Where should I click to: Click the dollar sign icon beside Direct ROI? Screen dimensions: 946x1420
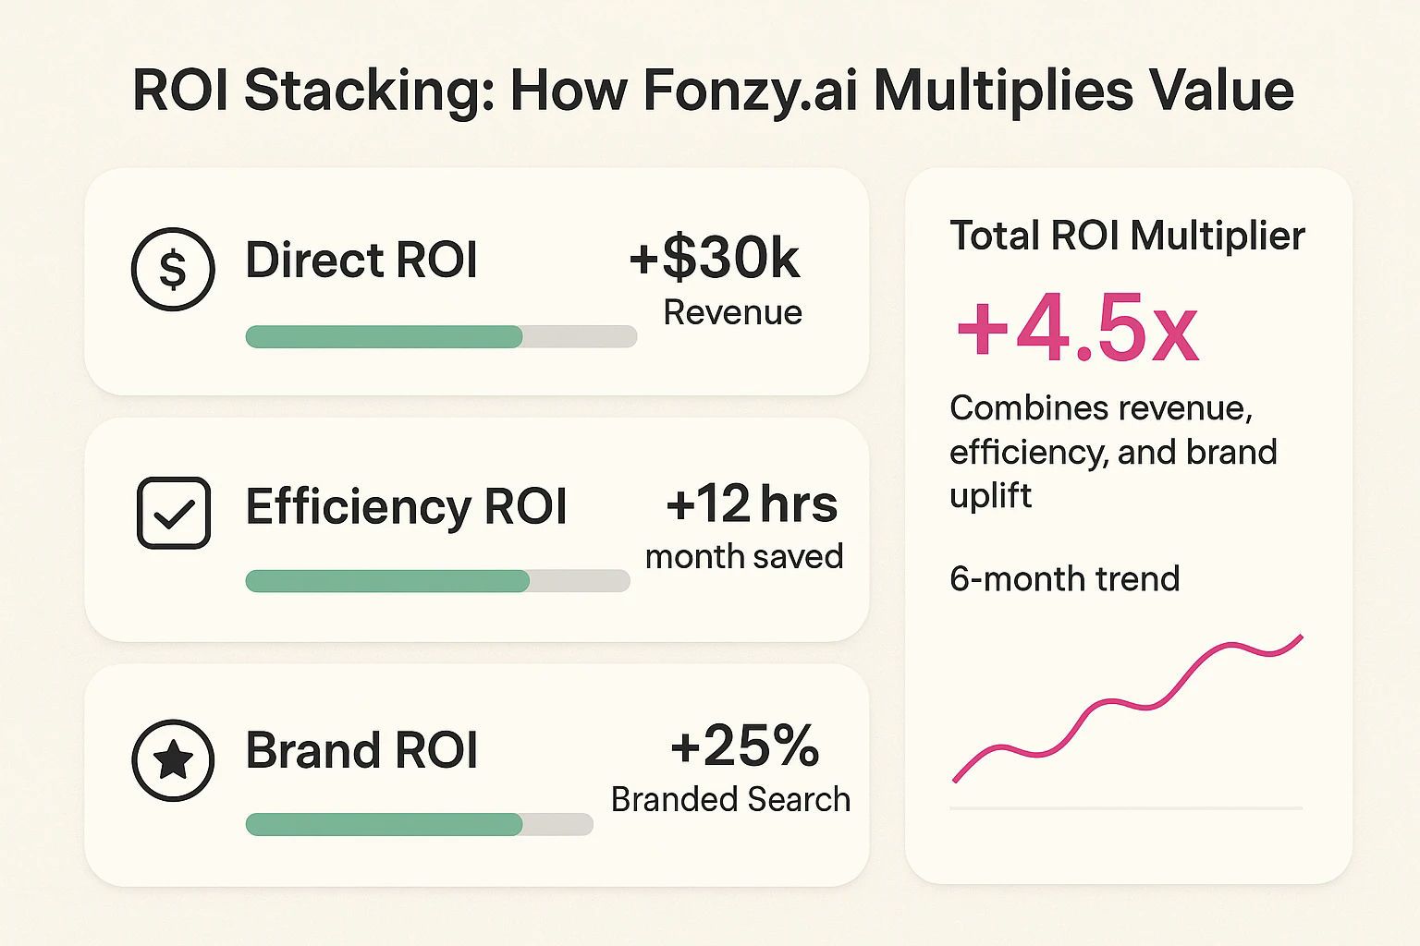click(173, 269)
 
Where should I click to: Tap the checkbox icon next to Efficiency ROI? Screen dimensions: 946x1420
click(174, 513)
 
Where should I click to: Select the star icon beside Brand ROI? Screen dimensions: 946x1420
click(173, 759)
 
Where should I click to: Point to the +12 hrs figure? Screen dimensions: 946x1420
click(751, 504)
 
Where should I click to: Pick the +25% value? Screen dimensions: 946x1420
click(744, 746)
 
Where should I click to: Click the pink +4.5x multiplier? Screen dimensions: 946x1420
click(1077, 329)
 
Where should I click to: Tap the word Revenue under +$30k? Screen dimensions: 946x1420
click(732, 313)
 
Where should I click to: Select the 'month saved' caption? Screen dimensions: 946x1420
click(744, 556)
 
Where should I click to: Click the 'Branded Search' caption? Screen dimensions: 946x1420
click(730, 799)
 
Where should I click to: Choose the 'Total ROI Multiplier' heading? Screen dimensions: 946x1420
click(1127, 236)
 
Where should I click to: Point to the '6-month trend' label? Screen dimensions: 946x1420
click(1064, 579)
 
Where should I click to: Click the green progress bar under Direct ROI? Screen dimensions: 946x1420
click(384, 336)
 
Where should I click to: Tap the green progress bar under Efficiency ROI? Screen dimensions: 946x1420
click(387, 581)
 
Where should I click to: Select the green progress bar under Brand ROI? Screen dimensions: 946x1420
click(384, 824)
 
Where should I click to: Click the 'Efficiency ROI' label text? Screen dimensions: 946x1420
click(406, 506)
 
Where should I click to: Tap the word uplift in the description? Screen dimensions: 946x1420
click(990, 496)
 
